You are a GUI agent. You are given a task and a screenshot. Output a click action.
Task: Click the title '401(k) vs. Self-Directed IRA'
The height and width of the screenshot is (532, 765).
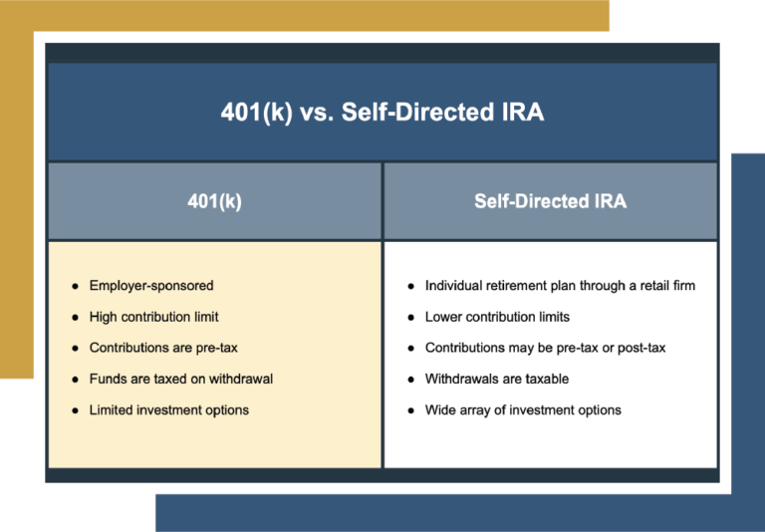[x=382, y=112]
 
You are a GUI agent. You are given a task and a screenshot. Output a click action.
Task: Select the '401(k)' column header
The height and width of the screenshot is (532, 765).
[x=214, y=201]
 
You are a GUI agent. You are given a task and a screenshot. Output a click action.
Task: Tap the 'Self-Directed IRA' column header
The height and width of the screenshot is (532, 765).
[x=550, y=201]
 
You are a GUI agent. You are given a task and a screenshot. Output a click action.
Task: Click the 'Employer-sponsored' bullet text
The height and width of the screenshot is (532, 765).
[x=151, y=286]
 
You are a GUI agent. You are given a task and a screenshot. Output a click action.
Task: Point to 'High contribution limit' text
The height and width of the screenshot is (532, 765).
[x=153, y=317]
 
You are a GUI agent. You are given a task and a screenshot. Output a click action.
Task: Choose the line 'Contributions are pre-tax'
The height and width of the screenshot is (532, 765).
[x=163, y=348]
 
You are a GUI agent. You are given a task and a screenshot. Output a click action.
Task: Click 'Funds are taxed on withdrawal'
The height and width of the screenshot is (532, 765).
[x=180, y=379]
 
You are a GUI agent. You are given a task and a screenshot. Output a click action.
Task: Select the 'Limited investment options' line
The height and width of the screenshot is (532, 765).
[x=169, y=409]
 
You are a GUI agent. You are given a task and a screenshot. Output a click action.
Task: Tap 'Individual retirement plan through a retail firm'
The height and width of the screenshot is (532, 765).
[x=560, y=286]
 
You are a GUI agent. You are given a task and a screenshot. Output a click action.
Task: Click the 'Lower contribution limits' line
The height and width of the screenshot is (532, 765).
[x=497, y=317]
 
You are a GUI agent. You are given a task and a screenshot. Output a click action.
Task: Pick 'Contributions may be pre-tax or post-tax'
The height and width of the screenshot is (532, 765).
[x=545, y=348]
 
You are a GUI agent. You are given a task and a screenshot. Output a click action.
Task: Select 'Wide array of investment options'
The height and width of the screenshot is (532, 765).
[x=523, y=409]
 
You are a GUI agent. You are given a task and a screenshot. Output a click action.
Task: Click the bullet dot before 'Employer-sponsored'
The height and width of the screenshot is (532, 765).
[x=75, y=286]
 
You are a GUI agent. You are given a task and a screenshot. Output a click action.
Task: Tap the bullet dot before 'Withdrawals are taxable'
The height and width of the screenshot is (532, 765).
[x=410, y=379]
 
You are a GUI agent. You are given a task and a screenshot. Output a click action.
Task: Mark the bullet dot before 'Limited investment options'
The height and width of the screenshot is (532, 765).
[x=75, y=409]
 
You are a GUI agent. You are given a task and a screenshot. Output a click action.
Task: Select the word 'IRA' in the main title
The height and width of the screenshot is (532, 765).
[x=523, y=112]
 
